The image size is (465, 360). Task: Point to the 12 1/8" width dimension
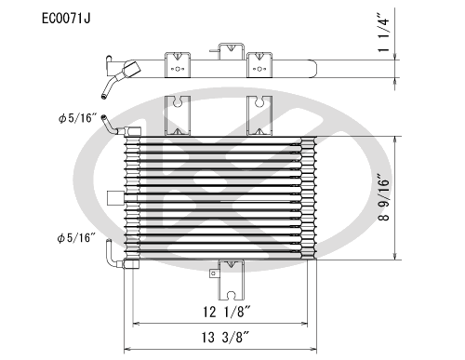click(x=224, y=310)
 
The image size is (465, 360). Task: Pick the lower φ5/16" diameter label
click(x=76, y=238)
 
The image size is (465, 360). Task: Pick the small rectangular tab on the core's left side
click(x=115, y=197)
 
